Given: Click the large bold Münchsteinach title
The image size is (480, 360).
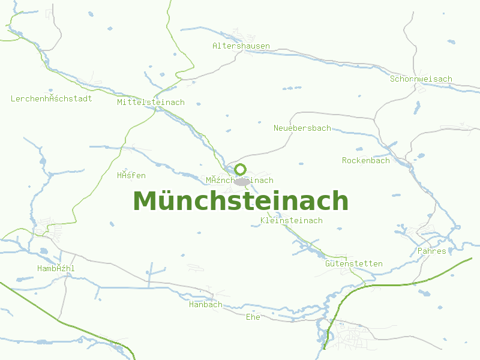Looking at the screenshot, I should pyautogui.click(x=241, y=201).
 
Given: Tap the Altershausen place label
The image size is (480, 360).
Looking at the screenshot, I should pyautogui.click(x=241, y=46).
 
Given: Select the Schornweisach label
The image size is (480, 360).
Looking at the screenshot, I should pyautogui.click(x=421, y=79).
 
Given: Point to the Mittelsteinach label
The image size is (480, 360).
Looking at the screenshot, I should pyautogui.click(x=151, y=102).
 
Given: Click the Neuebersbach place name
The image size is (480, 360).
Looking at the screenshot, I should pyautogui.click(x=302, y=128).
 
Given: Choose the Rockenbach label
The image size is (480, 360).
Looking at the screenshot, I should pyautogui.click(x=366, y=160).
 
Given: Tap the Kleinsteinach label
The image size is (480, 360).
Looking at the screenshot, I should pyautogui.click(x=292, y=220).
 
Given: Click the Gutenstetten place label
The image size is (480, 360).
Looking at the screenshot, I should pyautogui.click(x=353, y=263).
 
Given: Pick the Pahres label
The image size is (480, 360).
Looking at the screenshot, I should pyautogui.click(x=432, y=251).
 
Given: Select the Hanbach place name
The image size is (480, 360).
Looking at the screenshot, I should pyautogui.click(x=205, y=304).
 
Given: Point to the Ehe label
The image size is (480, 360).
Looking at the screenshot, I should pyautogui.click(x=253, y=317).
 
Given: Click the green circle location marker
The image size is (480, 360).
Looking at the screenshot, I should pyautogui.click(x=241, y=169).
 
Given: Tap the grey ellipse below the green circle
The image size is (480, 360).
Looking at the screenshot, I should pyautogui.click(x=242, y=181).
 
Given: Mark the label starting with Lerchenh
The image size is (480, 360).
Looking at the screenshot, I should pyautogui.click(x=52, y=98).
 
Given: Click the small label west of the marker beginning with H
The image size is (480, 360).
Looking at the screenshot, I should pyautogui.click(x=131, y=175).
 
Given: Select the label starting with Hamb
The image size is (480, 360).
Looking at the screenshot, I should pyautogui.click(x=56, y=268).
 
